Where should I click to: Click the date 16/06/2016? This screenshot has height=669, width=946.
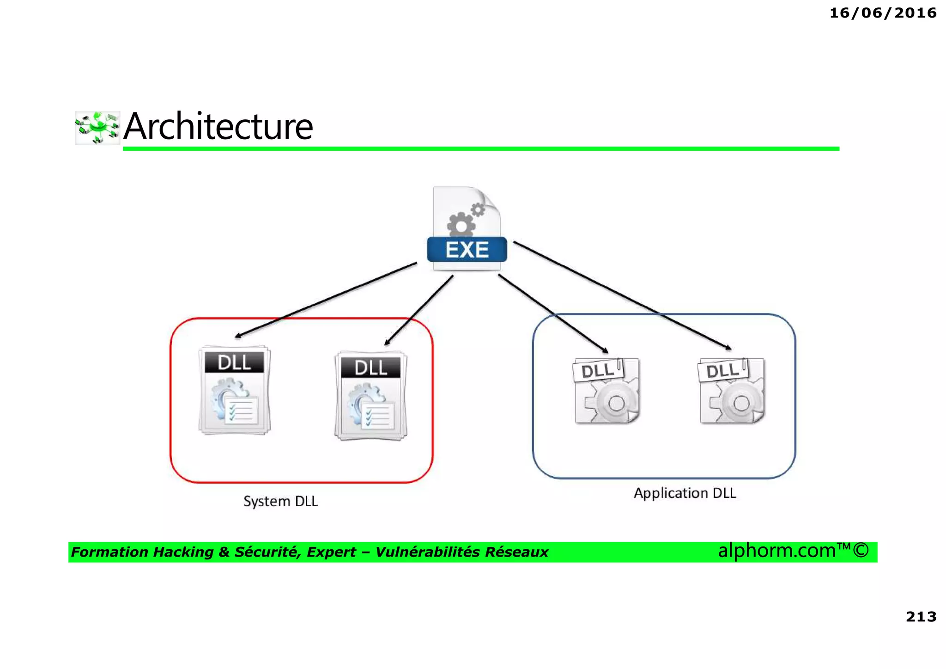883,13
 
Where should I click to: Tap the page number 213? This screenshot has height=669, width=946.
921,616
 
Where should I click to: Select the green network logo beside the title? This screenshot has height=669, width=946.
97,128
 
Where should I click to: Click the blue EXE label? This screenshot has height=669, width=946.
467,250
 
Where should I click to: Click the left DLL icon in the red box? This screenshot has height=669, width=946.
235,390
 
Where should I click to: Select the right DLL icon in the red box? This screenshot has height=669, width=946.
371,396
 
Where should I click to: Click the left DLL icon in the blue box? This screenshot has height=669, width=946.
606,391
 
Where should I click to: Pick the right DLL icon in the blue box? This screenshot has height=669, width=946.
732,391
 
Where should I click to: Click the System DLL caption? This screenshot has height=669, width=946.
280,501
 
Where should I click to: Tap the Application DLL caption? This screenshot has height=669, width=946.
685,493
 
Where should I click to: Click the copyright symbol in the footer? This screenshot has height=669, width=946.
861,550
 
